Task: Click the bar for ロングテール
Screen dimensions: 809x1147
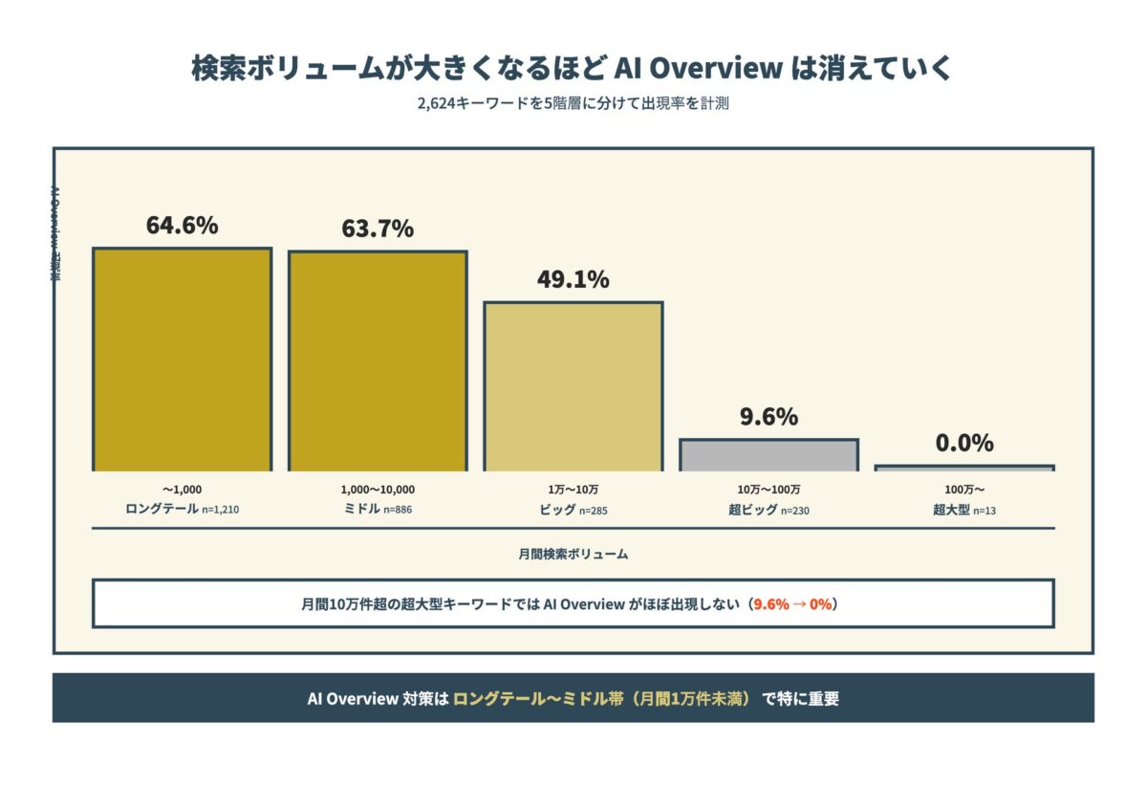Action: (x=182, y=360)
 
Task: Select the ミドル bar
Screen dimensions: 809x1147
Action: (x=378, y=361)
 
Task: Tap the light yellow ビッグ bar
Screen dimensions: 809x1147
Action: (x=573, y=386)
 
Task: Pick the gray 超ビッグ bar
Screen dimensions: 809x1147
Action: (x=768, y=455)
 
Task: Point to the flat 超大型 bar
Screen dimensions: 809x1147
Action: (x=963, y=468)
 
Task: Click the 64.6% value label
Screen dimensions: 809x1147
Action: (x=182, y=226)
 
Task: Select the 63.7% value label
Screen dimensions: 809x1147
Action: (x=378, y=230)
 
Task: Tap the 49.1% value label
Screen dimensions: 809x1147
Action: (x=573, y=280)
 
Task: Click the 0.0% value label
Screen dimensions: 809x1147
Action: (x=963, y=444)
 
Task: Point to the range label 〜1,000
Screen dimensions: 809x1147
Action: (x=182, y=490)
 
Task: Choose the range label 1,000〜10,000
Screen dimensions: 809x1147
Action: (x=378, y=490)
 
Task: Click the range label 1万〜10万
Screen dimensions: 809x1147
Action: (x=573, y=490)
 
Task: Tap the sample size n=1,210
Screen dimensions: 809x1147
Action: (x=220, y=511)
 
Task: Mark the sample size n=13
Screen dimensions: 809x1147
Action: (x=984, y=511)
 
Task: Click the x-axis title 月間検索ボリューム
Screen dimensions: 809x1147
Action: (x=573, y=554)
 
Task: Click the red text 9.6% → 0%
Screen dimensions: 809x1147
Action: (x=792, y=604)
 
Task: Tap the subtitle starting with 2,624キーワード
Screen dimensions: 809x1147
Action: (x=573, y=104)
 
